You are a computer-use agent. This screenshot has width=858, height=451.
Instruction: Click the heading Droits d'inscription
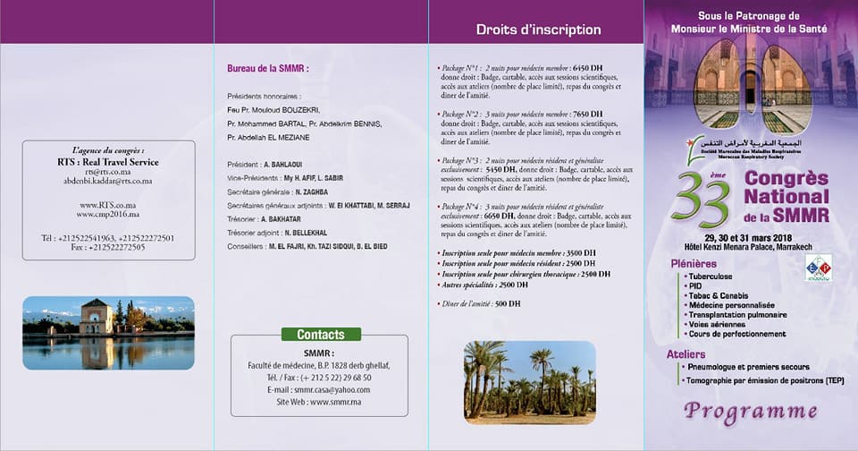click(537, 30)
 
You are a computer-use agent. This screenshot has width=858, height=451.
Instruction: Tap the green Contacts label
click(320, 335)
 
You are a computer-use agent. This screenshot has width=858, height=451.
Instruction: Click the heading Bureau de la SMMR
click(268, 69)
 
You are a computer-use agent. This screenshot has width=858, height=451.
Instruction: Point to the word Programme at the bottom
click(751, 412)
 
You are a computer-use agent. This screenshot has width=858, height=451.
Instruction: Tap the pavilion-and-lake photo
click(107, 333)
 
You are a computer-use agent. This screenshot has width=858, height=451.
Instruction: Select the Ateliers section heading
click(686, 354)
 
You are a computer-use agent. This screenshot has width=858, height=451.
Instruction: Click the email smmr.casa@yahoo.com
click(319, 389)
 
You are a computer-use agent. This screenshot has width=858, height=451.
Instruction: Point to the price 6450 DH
click(587, 68)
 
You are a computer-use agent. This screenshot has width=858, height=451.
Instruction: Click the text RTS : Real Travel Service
click(107, 162)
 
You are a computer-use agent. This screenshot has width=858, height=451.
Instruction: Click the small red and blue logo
click(819, 267)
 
